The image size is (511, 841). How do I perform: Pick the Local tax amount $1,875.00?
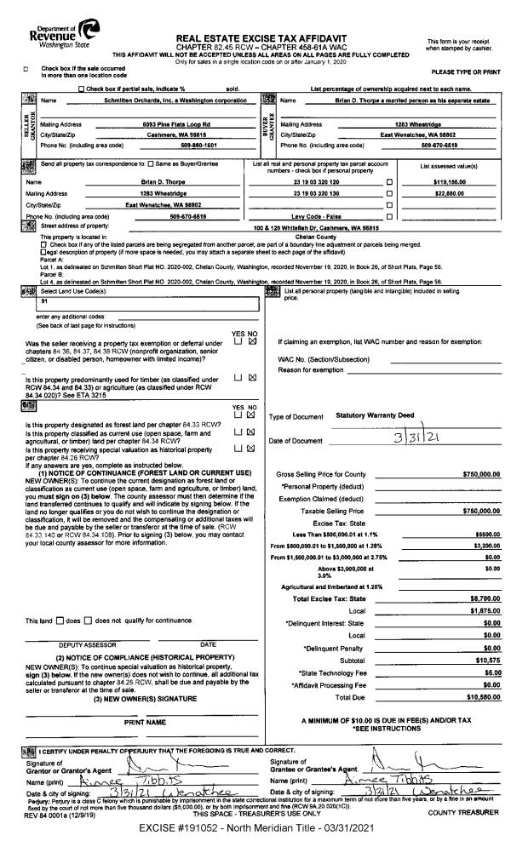point(480,610)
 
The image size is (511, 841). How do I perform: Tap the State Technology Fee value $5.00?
point(488,672)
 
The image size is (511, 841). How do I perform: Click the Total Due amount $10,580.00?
point(477,697)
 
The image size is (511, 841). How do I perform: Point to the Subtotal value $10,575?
point(483,660)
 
